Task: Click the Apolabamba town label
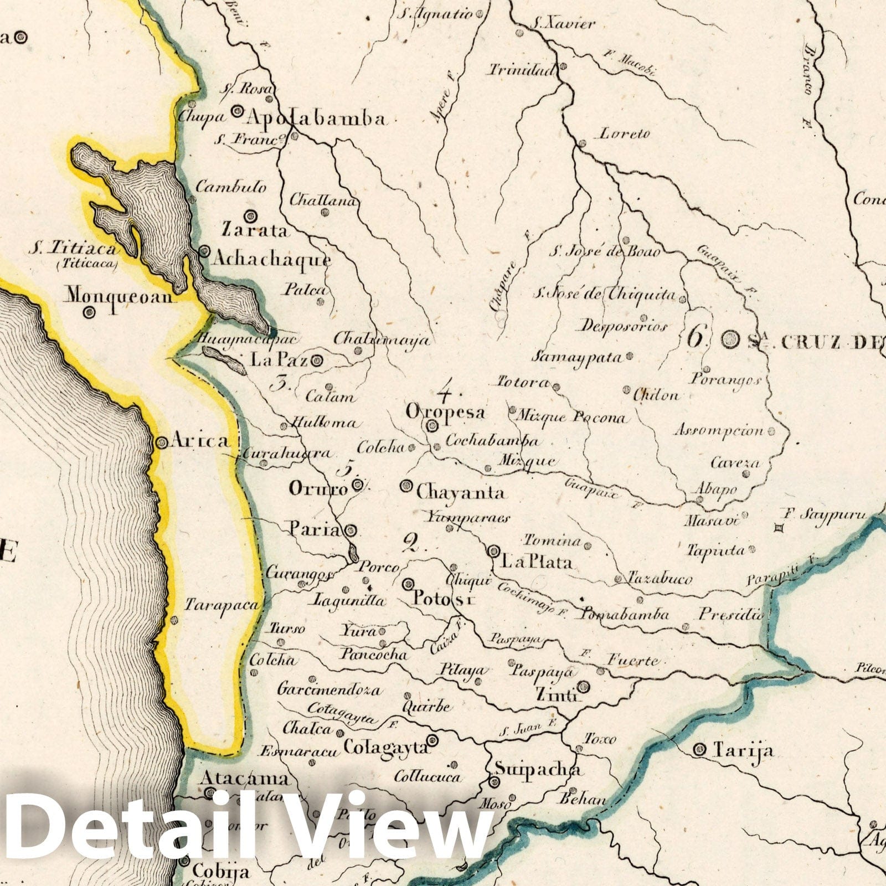point(316,119)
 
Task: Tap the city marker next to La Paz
point(317,361)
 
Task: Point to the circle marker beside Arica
point(162,442)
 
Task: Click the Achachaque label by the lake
point(272,259)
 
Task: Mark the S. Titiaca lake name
point(74,250)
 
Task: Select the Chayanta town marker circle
point(406,486)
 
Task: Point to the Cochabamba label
point(492,441)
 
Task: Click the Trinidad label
point(521,70)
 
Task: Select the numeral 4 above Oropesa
point(445,393)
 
